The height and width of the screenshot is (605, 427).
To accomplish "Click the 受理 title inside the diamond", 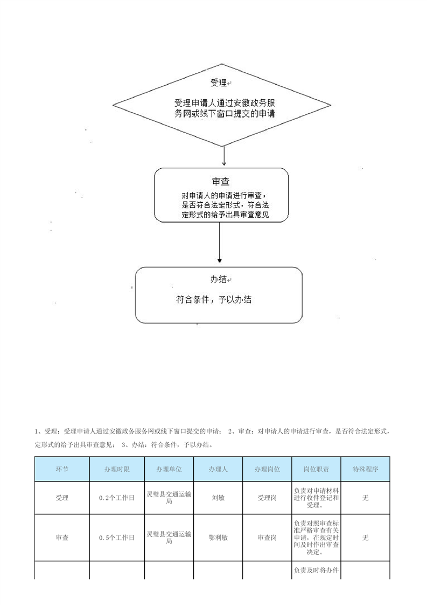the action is [x=219, y=82].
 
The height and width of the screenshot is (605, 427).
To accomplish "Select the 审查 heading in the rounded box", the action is [x=221, y=181].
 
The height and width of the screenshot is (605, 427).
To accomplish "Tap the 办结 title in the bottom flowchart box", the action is [x=219, y=279].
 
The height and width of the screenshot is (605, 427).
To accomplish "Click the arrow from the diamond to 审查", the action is [x=223, y=157].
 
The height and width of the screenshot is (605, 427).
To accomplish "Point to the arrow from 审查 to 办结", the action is [x=220, y=243].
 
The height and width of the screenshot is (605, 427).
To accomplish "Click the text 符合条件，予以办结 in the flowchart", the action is [x=214, y=300].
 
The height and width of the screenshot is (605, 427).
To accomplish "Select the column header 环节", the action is [x=62, y=469].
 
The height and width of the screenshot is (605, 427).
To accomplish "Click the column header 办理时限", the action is [x=117, y=469].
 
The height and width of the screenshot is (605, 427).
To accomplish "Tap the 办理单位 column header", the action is [x=169, y=469].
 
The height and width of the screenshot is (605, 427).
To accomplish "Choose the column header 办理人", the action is [x=218, y=469].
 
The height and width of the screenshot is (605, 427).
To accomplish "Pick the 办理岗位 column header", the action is [x=267, y=469].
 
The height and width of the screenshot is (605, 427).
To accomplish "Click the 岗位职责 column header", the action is [x=316, y=469].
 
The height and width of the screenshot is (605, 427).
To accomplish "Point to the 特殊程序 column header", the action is [x=365, y=469].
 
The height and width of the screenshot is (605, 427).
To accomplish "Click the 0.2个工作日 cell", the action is [x=117, y=498].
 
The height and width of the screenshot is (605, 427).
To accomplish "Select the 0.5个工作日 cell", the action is [x=117, y=538].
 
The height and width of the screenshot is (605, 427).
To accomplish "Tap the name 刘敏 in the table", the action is [x=218, y=498].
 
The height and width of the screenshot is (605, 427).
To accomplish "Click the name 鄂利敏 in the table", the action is [x=218, y=538].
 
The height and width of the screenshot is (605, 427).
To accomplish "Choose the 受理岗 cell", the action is [x=267, y=498].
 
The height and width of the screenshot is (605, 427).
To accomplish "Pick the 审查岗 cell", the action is [x=267, y=538].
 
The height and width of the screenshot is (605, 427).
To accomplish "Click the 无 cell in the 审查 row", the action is [x=365, y=538].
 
